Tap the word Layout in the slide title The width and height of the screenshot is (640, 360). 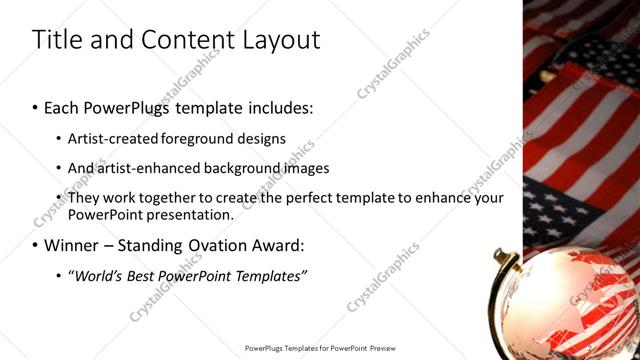(282, 40)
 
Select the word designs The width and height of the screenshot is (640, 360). (263, 139)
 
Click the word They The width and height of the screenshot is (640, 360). (83, 198)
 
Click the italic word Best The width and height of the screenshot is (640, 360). (142, 275)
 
